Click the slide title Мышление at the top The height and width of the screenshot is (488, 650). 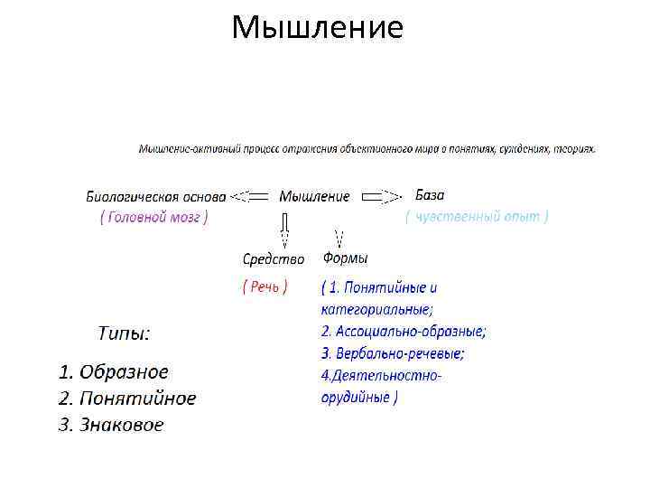click(317, 27)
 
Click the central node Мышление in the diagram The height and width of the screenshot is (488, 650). click(314, 196)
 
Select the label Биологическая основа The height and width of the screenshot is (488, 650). click(156, 196)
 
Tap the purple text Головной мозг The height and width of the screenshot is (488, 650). click(153, 217)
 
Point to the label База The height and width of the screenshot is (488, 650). click(430, 195)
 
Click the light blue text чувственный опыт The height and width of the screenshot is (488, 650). click(477, 216)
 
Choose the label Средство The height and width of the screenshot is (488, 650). click(274, 259)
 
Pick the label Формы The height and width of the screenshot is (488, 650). click(346, 258)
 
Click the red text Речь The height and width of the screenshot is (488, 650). click(265, 286)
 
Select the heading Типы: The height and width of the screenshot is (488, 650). click(125, 333)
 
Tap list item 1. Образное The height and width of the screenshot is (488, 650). click(113, 371)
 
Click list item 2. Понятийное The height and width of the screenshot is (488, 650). click(126, 398)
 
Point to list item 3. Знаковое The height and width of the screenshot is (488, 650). click(111, 424)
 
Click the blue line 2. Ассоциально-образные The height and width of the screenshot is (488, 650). click(404, 331)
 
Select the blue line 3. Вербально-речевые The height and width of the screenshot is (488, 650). click(393, 352)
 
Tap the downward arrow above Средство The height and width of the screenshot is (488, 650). click(284, 230)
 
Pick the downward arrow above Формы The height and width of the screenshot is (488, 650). click(339, 239)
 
